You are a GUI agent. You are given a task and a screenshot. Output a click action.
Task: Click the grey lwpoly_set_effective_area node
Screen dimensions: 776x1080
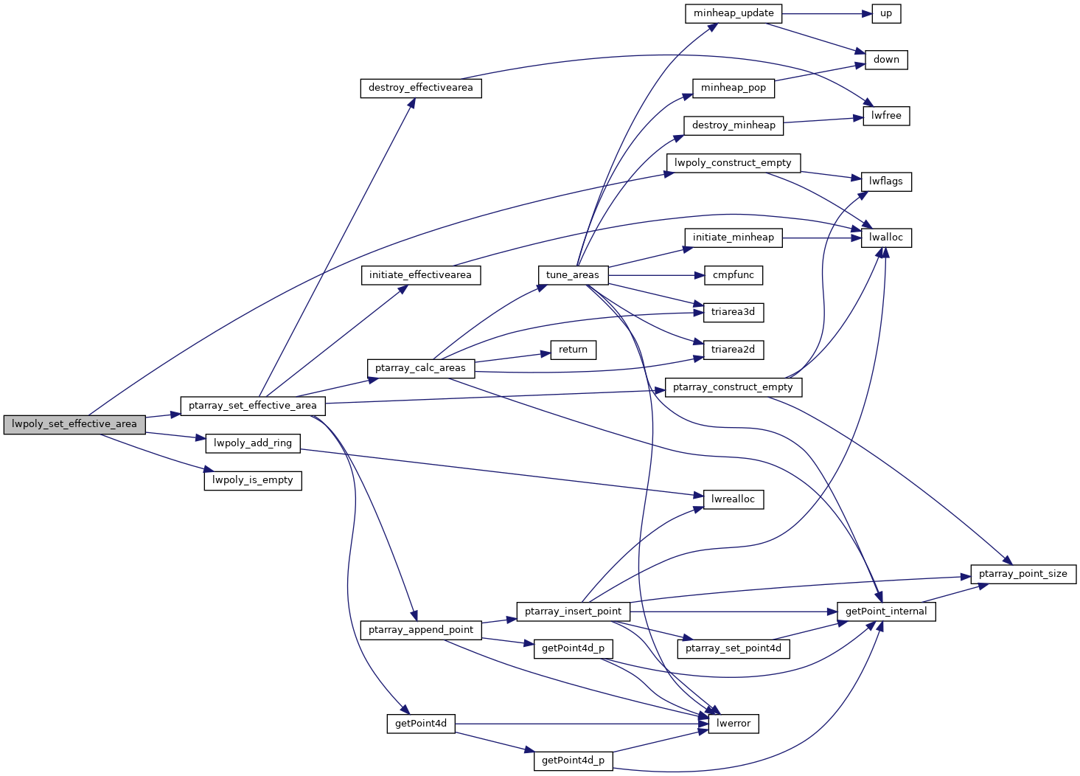[x=74, y=424]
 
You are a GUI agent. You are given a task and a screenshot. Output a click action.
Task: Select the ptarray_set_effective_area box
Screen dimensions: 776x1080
[x=253, y=406]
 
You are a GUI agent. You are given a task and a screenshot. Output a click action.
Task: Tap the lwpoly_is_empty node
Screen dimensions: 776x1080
[x=253, y=480]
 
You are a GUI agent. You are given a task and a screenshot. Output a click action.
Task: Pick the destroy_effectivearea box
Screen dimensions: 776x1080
[x=421, y=88]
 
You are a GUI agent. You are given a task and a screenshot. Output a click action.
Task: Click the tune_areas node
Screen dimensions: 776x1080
[x=573, y=275]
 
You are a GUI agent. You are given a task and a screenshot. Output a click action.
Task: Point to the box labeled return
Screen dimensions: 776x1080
[x=573, y=350]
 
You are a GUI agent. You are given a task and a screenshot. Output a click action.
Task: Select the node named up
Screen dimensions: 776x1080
[x=886, y=13]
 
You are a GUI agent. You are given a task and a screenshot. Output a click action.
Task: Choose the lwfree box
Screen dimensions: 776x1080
[x=886, y=116]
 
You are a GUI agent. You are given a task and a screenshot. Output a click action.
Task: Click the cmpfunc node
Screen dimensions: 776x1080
[x=734, y=275]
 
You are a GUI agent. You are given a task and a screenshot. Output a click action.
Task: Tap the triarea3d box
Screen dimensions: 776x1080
[x=734, y=312]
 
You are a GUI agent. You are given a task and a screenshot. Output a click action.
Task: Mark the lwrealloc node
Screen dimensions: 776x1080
[x=734, y=499]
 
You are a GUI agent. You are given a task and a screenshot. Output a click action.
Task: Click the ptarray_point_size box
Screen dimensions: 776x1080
[x=1023, y=574]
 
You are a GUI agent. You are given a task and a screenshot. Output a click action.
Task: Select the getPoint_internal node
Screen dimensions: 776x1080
[x=886, y=612]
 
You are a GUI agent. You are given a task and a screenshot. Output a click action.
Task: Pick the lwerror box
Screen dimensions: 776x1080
[x=734, y=724]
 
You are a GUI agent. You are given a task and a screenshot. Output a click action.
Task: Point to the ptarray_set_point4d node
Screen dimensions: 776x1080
[x=734, y=648]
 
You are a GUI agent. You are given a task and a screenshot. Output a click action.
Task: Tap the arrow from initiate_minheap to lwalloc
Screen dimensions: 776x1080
[x=822, y=238]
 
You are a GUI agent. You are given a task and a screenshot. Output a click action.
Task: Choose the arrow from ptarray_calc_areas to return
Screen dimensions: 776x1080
[x=509, y=358]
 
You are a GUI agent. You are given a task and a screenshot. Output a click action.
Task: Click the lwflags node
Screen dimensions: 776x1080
[x=886, y=181]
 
